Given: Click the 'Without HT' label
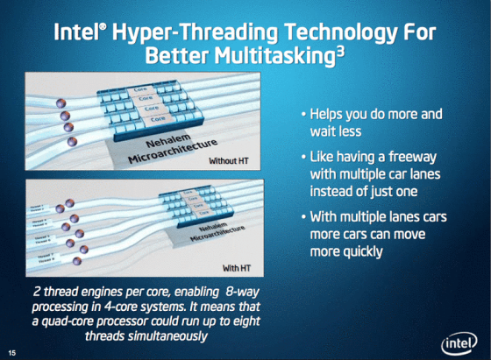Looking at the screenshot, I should point(231,161).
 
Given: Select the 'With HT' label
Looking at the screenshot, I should point(238,265).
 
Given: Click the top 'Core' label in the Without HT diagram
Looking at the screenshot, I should point(139,90).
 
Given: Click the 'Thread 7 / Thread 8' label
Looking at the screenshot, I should point(44,255).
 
